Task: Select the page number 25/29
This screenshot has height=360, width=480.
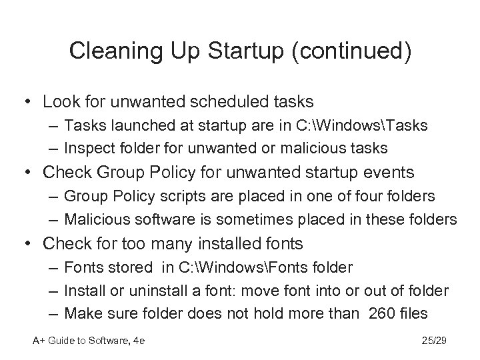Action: tap(435, 340)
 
